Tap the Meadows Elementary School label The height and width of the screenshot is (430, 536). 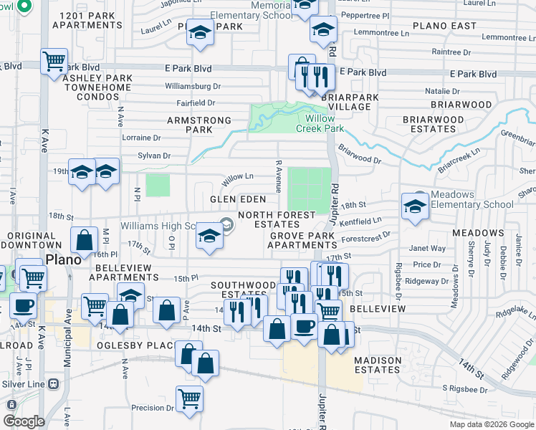pyautogui.click(x=473, y=199)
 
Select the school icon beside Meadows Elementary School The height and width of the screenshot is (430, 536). pyautogui.click(x=416, y=206)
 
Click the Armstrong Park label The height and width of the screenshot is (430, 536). pyautogui.click(x=199, y=125)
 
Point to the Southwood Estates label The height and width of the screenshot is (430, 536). pyautogui.click(x=243, y=290)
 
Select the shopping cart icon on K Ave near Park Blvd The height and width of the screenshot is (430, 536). pyautogui.click(x=54, y=62)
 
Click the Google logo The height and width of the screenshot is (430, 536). pyautogui.click(x=24, y=421)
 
